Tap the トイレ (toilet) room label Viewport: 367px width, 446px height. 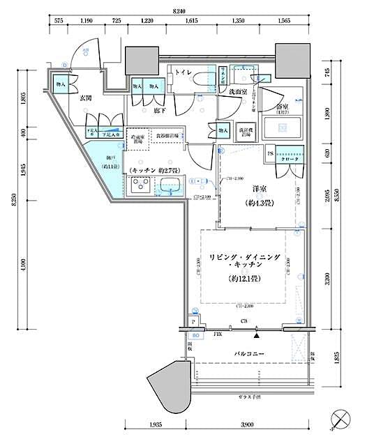tap(184, 72)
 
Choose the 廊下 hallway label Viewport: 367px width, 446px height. tap(147, 110)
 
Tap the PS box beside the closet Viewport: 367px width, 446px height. tap(271, 153)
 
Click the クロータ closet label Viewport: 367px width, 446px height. tap(291, 159)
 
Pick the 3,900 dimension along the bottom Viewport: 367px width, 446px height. tap(248, 425)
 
